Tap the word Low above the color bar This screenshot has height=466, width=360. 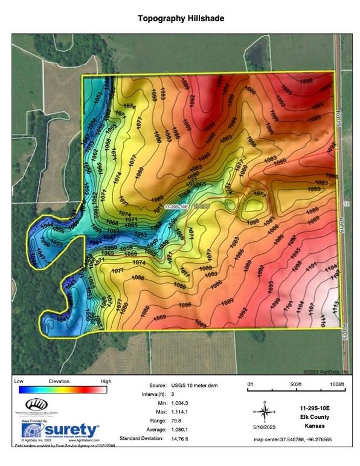point(18,381)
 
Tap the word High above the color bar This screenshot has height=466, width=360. point(106,381)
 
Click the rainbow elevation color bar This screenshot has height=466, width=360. point(62,390)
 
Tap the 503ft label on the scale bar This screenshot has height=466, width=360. point(295,384)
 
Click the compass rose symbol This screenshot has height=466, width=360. point(264,411)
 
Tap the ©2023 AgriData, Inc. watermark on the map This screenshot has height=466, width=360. point(323,371)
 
